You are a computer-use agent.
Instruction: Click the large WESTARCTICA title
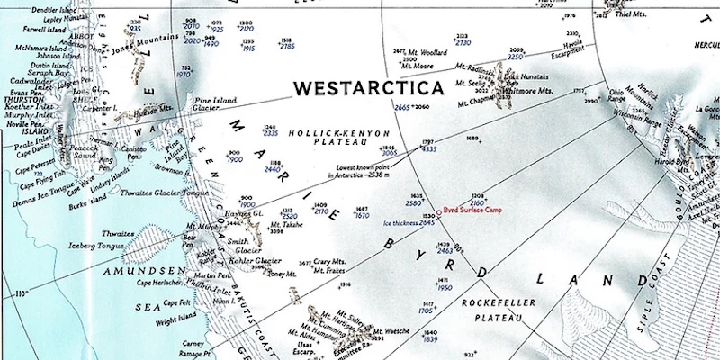369,88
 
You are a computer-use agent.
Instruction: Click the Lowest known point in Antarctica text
364,170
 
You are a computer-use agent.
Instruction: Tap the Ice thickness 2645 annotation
409,222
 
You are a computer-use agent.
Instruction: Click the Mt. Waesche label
391,331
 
